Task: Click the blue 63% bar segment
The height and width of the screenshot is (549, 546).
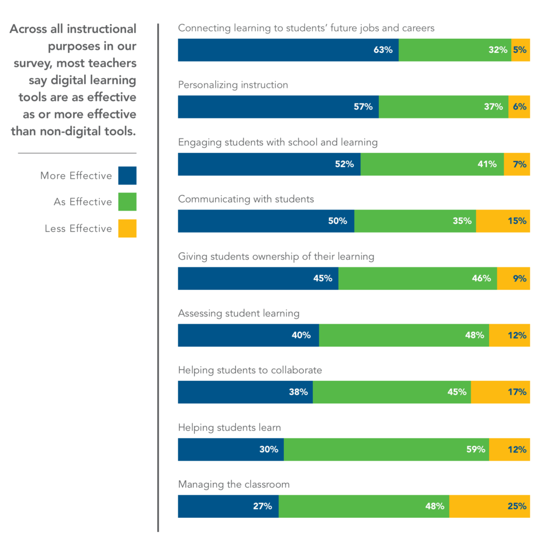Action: click(x=288, y=50)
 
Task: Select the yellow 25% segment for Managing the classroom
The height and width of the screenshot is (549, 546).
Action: click(x=489, y=506)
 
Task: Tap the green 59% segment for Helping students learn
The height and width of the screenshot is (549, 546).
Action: click(x=386, y=450)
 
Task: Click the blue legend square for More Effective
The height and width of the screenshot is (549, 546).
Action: click(x=127, y=176)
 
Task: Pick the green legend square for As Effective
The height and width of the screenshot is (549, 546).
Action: click(x=127, y=202)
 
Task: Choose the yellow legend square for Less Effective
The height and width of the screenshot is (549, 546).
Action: click(x=127, y=228)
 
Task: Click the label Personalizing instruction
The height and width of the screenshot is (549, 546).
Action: click(x=233, y=85)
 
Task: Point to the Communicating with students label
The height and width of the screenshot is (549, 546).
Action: click(x=246, y=199)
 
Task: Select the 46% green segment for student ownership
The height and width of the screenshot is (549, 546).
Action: click(x=418, y=278)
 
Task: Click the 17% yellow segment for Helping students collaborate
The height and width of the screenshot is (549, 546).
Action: click(x=500, y=392)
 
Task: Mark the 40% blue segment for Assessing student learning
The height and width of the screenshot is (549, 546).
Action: click(x=248, y=335)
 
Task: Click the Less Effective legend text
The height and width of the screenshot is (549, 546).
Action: click(x=78, y=229)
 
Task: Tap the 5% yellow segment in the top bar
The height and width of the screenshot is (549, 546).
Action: click(x=520, y=50)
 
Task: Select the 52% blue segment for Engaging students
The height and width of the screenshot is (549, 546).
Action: click(x=269, y=164)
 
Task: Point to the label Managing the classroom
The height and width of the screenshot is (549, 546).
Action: click(x=234, y=485)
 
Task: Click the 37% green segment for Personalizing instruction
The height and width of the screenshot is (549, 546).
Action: click(x=443, y=107)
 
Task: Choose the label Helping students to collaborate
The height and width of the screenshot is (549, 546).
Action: click(x=250, y=371)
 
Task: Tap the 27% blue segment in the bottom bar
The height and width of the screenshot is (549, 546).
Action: click(x=228, y=506)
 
